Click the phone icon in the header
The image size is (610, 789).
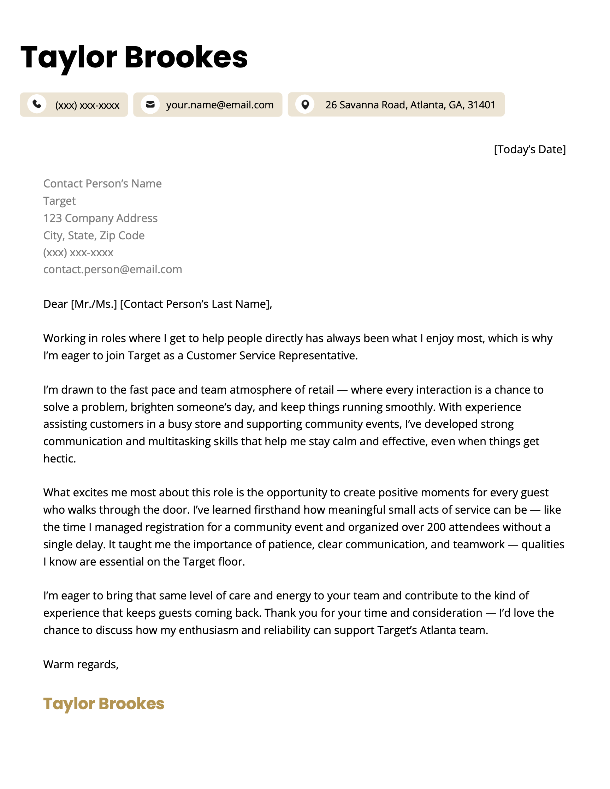tap(36, 104)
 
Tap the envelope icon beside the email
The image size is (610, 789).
tap(150, 104)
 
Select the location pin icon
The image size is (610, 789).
tap(305, 104)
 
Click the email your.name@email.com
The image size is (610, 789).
tap(219, 105)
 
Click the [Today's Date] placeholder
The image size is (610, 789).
tap(529, 149)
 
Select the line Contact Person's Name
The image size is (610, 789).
tap(102, 184)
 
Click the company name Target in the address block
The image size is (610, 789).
tap(59, 201)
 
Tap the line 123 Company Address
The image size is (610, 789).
tap(100, 218)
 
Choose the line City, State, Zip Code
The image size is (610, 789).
tap(94, 235)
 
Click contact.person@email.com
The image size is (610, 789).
tap(112, 269)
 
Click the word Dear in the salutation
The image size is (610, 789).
tap(55, 304)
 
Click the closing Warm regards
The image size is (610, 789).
tap(81, 664)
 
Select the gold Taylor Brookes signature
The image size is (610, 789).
tap(104, 703)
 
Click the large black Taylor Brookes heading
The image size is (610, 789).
tap(134, 57)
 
